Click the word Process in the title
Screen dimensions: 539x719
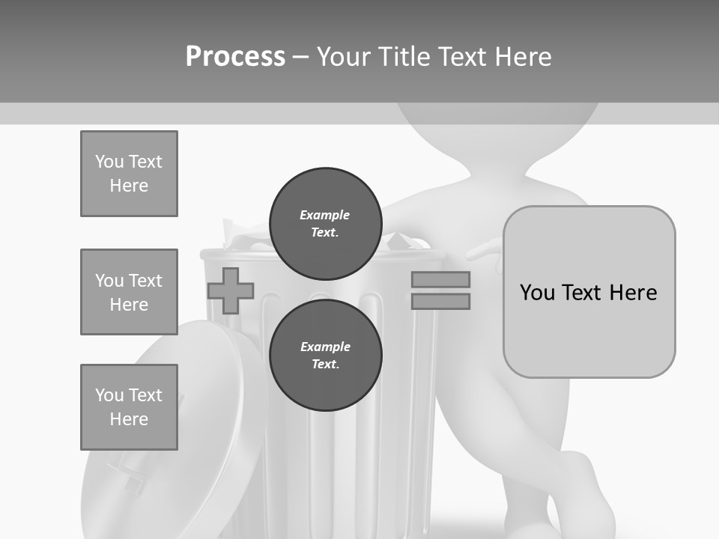[x=235, y=56]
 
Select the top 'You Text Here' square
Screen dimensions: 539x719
[x=129, y=174]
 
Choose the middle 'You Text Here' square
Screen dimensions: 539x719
[x=129, y=292]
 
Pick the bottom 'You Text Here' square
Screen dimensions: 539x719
[x=129, y=407]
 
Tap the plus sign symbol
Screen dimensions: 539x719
[x=231, y=290]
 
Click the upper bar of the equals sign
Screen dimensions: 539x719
[x=440, y=279]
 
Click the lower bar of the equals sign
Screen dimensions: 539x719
[x=440, y=301]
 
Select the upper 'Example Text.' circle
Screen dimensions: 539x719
[x=325, y=224]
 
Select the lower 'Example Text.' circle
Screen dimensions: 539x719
[x=325, y=356]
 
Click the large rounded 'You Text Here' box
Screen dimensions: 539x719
[x=589, y=292]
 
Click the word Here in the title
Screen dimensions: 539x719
[x=521, y=56]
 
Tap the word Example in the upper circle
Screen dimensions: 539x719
[x=324, y=215]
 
